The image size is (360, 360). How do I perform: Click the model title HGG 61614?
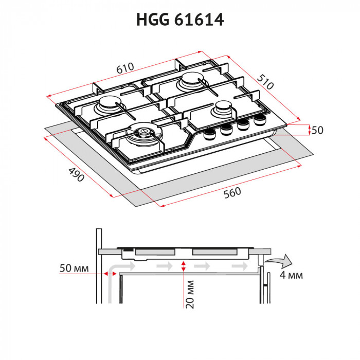[180, 20]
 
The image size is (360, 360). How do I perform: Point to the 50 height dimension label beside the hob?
[317, 131]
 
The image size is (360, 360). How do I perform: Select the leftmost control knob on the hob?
[209, 135]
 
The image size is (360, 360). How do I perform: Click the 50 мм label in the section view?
[75, 269]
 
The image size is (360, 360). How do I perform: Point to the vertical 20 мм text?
[190, 294]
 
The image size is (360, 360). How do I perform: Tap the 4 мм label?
[291, 275]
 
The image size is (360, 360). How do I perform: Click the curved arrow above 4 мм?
[280, 260]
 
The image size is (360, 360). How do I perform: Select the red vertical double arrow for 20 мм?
[183, 266]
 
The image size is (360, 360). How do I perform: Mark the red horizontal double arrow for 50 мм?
[110, 274]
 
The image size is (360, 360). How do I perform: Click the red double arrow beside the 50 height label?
[309, 130]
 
